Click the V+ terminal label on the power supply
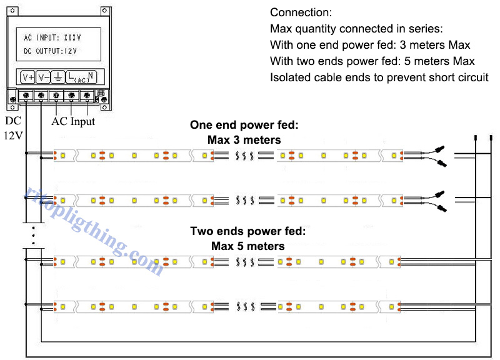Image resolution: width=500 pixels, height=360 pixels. [x=28, y=77]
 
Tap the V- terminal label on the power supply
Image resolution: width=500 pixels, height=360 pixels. [x=43, y=77]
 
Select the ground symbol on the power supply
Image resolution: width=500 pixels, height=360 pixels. [x=57, y=77]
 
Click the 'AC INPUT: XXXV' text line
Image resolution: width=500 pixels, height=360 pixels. [x=52, y=37]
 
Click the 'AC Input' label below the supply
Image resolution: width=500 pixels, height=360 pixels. [x=72, y=121]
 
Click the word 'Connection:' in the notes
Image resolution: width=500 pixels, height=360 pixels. [x=301, y=12]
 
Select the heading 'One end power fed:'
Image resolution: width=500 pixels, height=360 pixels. [x=244, y=125]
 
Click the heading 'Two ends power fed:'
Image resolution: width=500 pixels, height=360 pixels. [x=247, y=232]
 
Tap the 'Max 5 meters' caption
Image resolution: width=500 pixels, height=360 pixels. [x=247, y=246]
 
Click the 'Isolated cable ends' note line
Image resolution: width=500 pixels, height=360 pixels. [x=379, y=77]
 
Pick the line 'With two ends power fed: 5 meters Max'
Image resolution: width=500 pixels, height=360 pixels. [x=372, y=61]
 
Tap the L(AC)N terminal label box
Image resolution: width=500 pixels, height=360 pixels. [x=82, y=77]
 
